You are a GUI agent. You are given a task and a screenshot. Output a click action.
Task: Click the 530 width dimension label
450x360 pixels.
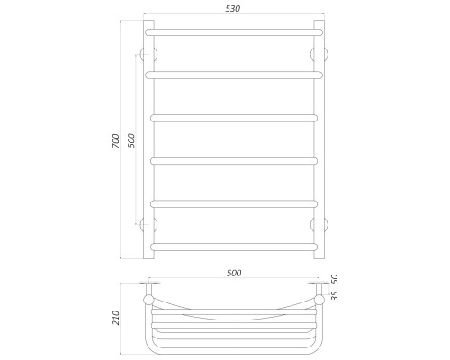233,9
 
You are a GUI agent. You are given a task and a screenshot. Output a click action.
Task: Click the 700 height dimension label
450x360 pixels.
116,140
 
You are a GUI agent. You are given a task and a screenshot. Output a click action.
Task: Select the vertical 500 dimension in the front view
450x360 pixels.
131,140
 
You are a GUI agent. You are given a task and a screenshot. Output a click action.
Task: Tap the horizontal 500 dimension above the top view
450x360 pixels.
234,273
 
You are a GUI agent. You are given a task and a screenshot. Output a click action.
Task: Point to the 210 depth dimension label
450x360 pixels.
116,318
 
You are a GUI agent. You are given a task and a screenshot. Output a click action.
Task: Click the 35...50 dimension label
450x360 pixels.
335,287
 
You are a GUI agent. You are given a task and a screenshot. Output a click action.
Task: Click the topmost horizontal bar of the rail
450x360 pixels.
234,32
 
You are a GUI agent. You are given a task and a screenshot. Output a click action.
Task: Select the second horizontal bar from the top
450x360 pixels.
234,75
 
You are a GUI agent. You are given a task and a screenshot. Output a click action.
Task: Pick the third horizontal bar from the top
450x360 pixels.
234,118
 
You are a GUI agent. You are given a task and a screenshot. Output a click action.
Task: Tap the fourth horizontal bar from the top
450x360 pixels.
234,161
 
